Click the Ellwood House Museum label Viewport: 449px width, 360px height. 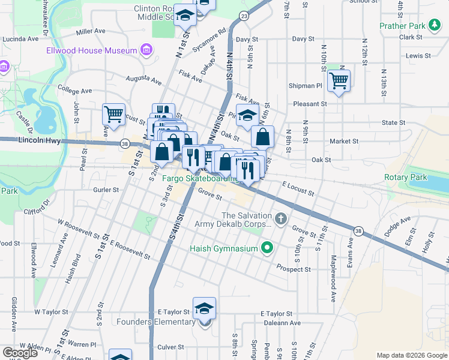(x=92, y=50)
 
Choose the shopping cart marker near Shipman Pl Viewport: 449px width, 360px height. (x=339, y=80)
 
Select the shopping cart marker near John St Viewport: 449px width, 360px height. (x=113, y=113)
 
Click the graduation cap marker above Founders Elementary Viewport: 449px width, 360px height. (x=205, y=308)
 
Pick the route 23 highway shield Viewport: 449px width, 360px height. (x=243, y=14)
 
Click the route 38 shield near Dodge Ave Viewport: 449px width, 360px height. (x=358, y=230)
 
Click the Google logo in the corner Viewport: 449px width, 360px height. (x=20, y=352)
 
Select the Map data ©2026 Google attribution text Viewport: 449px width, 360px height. (x=411, y=355)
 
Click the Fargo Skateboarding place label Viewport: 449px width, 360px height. (x=203, y=178)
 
